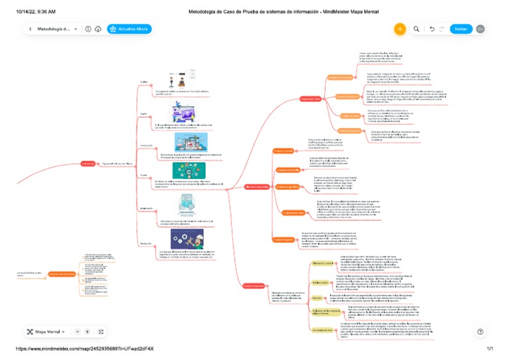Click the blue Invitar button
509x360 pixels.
coord(461,29)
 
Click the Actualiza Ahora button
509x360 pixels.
coord(130,29)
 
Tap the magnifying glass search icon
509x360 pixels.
coord(416,29)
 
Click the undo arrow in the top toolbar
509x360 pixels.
coord(432,29)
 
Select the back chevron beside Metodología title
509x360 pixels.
coord(30,29)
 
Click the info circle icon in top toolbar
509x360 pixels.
coord(88,29)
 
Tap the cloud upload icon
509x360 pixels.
coord(98,29)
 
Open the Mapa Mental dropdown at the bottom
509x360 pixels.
coord(46,331)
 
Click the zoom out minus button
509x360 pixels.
coord(78,331)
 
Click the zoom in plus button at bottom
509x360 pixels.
coord(87,331)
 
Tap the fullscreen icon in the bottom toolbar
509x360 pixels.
coord(101,331)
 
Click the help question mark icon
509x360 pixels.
coord(481,331)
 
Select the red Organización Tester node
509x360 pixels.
coord(311,99)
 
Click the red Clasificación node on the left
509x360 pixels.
coord(88,163)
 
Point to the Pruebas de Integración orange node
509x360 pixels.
coord(347,97)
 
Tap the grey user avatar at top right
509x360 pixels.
coord(481,29)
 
